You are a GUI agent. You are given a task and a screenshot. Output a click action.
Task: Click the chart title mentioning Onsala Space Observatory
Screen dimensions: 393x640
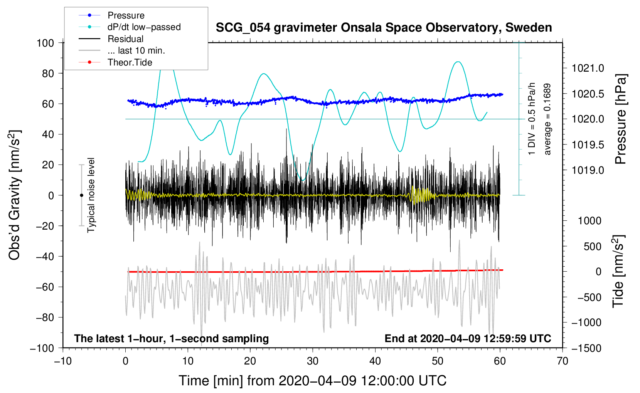tap(384, 28)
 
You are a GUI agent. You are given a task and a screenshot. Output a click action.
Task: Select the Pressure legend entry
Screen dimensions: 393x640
tap(126, 15)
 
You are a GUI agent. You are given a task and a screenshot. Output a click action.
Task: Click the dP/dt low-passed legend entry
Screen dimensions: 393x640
tap(144, 27)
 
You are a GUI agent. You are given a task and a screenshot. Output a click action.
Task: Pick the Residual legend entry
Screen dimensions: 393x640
tap(125, 39)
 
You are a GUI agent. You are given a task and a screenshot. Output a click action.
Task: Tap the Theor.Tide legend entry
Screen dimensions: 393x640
tap(130, 62)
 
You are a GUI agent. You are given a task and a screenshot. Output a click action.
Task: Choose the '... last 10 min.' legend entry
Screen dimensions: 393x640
tap(136, 50)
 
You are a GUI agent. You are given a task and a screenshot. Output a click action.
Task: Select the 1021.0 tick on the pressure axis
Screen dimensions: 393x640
tap(588, 68)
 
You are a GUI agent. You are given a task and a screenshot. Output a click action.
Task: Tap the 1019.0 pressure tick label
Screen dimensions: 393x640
tap(588, 170)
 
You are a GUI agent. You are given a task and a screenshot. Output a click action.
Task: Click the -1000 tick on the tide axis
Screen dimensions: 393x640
tap(586, 322)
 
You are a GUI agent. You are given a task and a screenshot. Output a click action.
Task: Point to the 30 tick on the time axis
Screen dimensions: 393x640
tap(313, 361)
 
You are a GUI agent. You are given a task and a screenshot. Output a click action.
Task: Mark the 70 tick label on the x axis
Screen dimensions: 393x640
tap(563, 361)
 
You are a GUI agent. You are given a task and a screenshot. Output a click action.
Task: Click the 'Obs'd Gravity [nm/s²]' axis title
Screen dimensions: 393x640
tap(15, 195)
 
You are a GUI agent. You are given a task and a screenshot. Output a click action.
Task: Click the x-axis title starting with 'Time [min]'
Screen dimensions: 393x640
tap(312, 381)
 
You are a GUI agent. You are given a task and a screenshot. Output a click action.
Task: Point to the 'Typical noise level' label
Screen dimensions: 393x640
tap(91, 195)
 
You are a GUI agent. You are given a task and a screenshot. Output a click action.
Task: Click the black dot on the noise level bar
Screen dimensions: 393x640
tap(81, 195)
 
